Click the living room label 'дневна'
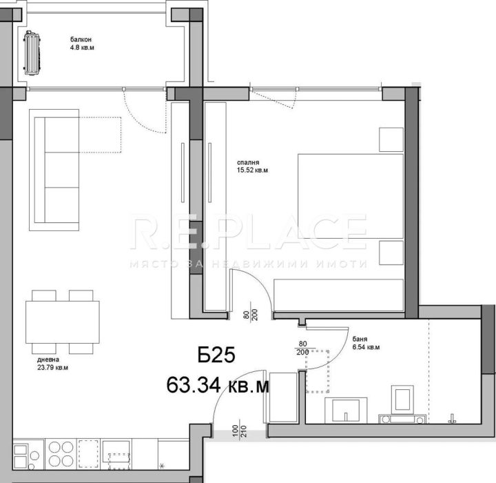point(48,359)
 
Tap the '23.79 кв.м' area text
point(53,368)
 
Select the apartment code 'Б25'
point(216,357)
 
